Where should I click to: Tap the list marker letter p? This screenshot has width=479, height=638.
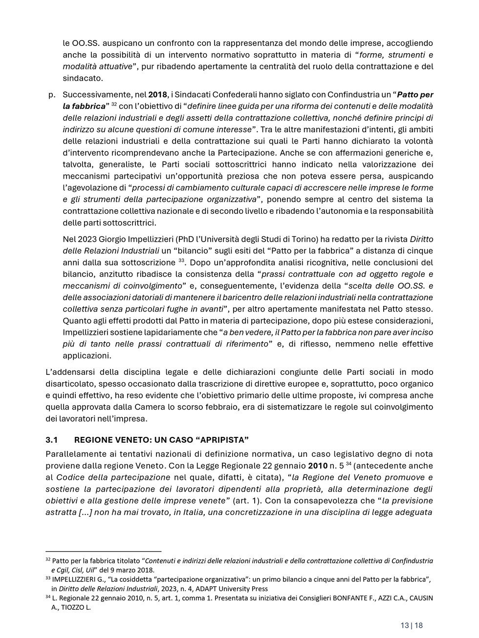[x=51, y=95]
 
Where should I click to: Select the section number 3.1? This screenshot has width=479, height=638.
[x=52, y=440]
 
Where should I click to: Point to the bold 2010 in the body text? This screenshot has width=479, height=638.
[x=318, y=466]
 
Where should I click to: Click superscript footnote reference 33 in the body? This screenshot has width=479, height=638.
[x=181, y=261]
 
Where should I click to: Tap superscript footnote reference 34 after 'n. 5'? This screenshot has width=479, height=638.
[x=349, y=463]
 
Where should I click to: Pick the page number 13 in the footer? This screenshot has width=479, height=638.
[x=404, y=625]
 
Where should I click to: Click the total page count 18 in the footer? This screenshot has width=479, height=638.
[x=418, y=625]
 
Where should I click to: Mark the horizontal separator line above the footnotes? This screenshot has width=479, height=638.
[x=103, y=551]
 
